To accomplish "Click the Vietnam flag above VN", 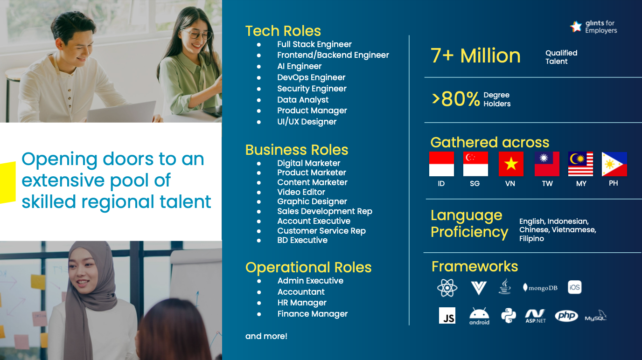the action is tap(511, 164).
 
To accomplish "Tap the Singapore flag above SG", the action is tap(475, 164).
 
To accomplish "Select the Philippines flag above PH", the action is tap(614, 164).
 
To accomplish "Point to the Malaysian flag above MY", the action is tap(580, 164).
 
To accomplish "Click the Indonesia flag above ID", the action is tap(441, 164).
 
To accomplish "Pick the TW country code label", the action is tap(547, 184).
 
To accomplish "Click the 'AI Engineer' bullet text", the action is tap(299, 66).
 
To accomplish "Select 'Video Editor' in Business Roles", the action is tap(301, 192).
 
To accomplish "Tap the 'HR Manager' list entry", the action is tap(302, 303).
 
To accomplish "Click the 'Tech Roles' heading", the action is tap(283, 31).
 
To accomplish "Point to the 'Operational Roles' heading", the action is tap(308, 267).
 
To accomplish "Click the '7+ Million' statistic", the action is tap(475, 55).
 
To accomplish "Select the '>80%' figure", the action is tap(456, 99).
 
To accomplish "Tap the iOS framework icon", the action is tap(574, 287).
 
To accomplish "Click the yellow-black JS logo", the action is tap(447, 316).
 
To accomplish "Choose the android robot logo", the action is tap(479, 316).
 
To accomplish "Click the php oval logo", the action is tap(566, 316).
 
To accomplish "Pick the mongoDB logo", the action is tap(540, 288).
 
